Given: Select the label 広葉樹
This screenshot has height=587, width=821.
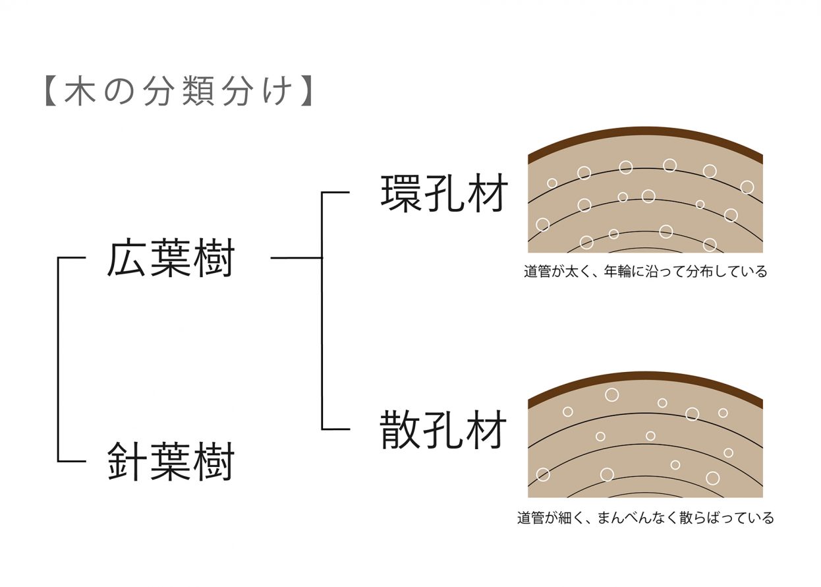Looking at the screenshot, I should [171, 259].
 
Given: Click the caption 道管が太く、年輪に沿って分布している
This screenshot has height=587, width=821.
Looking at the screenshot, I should [645, 272].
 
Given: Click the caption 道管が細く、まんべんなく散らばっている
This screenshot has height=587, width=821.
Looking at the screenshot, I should [645, 518].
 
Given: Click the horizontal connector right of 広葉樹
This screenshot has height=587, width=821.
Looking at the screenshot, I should [296, 258].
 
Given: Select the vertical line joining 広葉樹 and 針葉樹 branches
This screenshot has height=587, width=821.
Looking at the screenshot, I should [59, 359].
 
